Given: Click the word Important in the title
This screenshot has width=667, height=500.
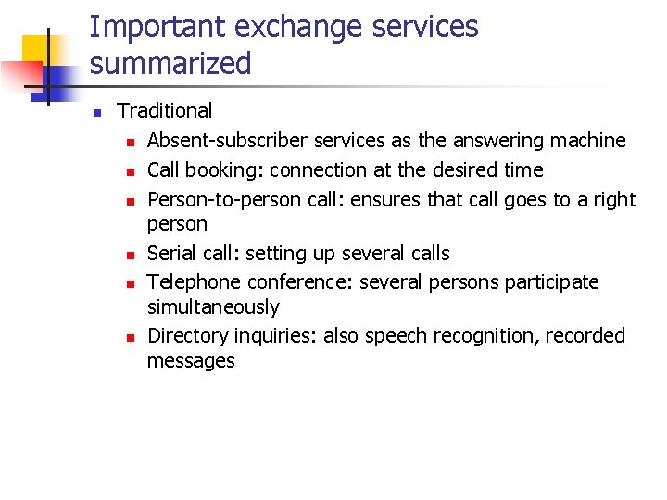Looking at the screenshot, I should (157, 28).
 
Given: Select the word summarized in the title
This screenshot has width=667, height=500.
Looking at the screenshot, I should (170, 64).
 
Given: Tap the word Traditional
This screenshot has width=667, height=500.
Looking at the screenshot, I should (165, 111).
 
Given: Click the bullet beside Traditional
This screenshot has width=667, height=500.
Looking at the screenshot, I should (95, 112).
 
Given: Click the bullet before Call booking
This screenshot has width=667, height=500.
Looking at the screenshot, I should (132, 171).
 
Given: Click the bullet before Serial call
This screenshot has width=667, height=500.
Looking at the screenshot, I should (132, 255).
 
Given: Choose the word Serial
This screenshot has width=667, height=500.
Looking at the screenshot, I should (171, 254).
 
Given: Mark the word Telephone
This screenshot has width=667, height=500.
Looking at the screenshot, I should (192, 282).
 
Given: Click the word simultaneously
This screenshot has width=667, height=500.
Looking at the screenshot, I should (213, 307).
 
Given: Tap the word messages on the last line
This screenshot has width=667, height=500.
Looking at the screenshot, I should (191, 361).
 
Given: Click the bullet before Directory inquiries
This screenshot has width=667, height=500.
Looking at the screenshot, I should (132, 337).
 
